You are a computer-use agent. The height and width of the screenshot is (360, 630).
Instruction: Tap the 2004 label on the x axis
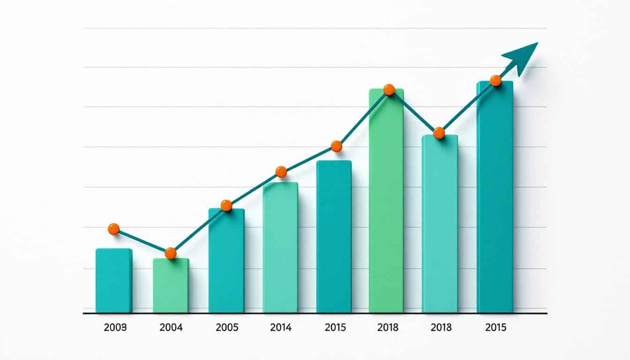pos(171,328)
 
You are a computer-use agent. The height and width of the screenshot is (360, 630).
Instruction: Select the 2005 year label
pos(227,328)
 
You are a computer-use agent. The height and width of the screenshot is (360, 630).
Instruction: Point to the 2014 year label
pos(281,328)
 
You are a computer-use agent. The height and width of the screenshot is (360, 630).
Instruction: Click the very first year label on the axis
pos(115,328)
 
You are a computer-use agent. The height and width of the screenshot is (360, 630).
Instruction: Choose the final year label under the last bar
pos(495,328)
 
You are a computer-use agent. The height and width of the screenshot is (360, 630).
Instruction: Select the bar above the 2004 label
pos(171,286)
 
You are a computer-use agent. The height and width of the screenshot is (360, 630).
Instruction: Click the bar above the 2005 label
pos(226,261)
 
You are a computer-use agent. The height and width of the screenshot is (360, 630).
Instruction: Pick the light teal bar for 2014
pos(280,247)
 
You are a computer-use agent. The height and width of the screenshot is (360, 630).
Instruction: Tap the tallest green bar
pos(386,202)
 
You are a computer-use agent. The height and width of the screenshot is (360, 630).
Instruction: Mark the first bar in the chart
pos(114,280)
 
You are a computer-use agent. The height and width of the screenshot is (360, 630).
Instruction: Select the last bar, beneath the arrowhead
pos(495,197)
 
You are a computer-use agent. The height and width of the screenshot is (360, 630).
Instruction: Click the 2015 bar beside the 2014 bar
pos(334,237)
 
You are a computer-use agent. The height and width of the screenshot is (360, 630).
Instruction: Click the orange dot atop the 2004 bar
pos(171,253)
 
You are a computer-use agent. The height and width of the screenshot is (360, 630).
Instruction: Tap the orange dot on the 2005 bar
pos(226,205)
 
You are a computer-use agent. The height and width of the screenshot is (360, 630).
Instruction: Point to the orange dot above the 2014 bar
pos(281,172)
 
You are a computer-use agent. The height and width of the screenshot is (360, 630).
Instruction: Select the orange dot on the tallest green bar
pos(389,90)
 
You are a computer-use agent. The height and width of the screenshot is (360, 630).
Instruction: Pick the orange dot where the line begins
pos(113,229)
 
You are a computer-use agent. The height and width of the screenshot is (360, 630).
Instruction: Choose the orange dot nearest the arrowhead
pos(495,81)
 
